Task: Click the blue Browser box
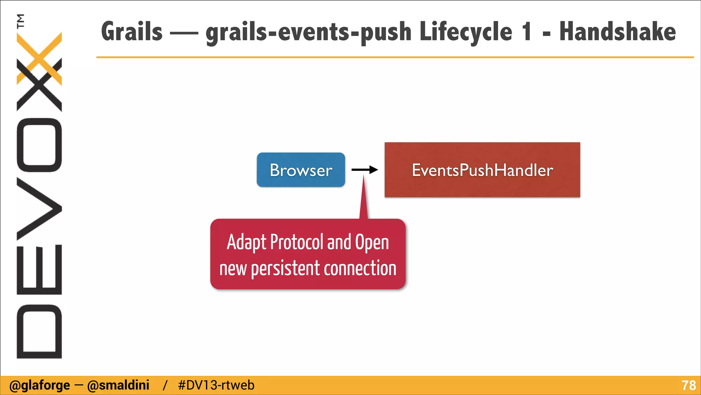click(x=301, y=170)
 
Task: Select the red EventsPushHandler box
click(x=482, y=170)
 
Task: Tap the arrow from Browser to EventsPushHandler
click(x=365, y=169)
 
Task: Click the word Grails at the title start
click(x=132, y=32)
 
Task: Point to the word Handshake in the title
click(x=617, y=32)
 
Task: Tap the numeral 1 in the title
click(x=527, y=32)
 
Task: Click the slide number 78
click(x=688, y=385)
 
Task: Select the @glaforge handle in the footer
click(x=40, y=385)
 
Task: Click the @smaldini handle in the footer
click(x=118, y=385)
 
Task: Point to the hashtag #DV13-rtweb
click(x=216, y=385)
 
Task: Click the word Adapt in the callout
click(x=246, y=243)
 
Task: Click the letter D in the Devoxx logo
click(x=39, y=331)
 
